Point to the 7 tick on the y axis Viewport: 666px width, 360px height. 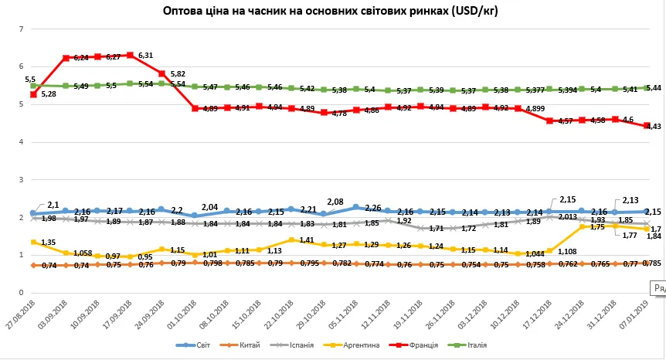tap(22, 29)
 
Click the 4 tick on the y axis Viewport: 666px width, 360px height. tap(22, 142)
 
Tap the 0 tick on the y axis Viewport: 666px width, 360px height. tap(22, 293)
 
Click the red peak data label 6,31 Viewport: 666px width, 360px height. tap(147, 55)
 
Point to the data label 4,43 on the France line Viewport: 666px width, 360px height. tap(653, 126)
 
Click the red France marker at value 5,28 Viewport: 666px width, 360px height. tap(34, 94)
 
